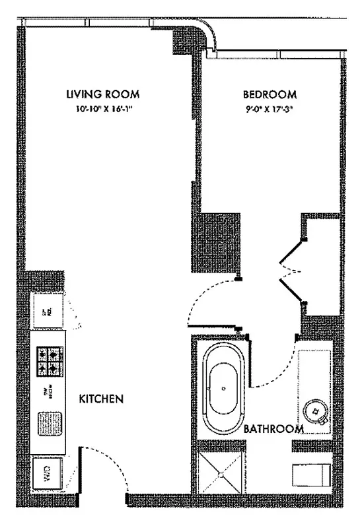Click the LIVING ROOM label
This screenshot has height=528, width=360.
102,94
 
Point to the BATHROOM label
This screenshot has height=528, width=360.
273,429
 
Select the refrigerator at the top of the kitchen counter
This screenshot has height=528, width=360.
48,309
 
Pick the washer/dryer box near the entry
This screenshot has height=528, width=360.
48,473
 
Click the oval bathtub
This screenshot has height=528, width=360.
224,390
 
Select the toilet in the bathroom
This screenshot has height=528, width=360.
310,473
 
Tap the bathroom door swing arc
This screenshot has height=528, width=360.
277,370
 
